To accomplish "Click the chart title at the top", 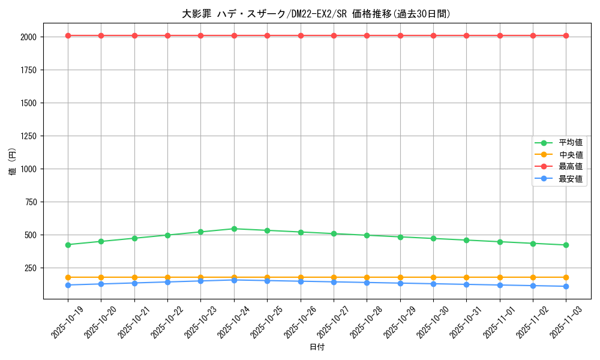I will point(316,14).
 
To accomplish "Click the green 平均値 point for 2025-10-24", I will point(234,229).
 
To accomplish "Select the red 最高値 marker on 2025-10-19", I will point(68,35).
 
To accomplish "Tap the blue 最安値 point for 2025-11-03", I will point(566,286).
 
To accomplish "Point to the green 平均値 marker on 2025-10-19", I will point(68,245).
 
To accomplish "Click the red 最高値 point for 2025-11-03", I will point(566,35).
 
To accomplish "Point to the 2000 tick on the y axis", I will point(29,37).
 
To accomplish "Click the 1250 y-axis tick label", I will point(29,136).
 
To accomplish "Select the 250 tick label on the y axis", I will point(31,268).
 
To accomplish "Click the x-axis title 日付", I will point(317,347).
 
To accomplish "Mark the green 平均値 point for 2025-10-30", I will point(433,238).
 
